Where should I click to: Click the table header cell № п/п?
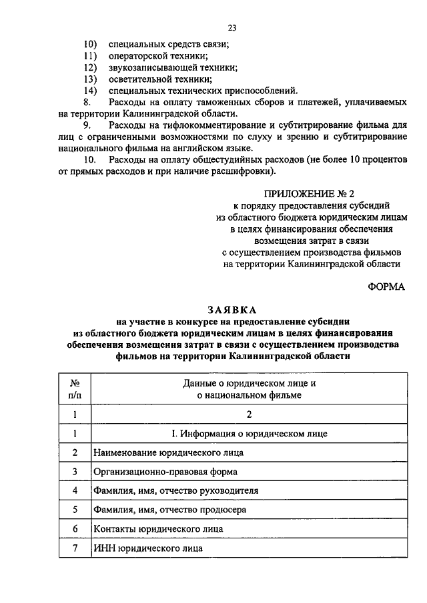click(75, 389)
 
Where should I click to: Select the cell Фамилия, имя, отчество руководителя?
click(175, 490)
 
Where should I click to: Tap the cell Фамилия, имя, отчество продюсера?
click(170, 510)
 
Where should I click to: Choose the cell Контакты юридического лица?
click(157, 529)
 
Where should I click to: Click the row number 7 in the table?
click(75, 548)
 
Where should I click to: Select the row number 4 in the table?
click(75, 490)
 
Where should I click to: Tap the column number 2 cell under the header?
click(248, 414)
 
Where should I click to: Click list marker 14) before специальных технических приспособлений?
click(91, 91)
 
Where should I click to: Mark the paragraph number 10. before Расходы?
click(91, 160)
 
